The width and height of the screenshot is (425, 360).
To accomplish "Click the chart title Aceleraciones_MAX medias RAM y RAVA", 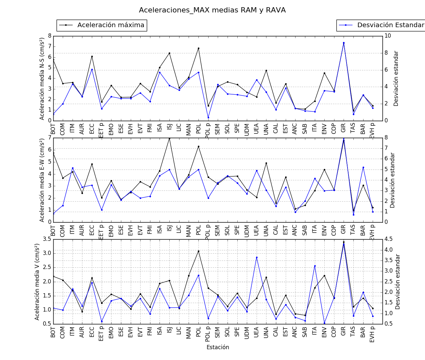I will [x=212, y=10].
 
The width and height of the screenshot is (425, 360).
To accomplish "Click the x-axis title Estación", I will [x=218, y=347].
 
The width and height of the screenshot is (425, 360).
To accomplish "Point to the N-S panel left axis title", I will [x=42, y=79].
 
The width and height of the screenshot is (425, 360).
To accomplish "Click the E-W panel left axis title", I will [x=42, y=180].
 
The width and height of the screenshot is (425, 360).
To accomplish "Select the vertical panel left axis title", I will [x=37, y=281].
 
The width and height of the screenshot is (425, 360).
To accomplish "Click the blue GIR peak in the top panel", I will [x=344, y=43].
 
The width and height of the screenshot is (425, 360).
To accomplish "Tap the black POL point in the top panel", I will [x=198, y=48].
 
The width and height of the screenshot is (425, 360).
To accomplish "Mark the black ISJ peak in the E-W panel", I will [x=169, y=138].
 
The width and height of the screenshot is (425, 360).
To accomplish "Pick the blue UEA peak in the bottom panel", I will [x=257, y=257].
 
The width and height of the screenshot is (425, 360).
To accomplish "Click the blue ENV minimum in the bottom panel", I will [x=324, y=323].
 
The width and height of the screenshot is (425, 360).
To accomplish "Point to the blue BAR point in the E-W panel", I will [x=363, y=167].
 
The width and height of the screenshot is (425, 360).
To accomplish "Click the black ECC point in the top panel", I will [x=92, y=56].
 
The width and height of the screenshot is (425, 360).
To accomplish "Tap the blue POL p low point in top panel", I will [x=208, y=117].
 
